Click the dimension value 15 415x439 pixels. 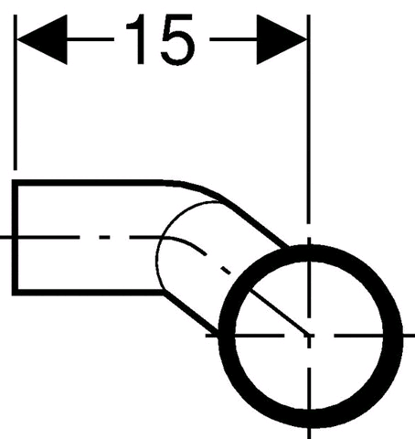(161, 39)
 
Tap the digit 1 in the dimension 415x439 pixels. (136, 39)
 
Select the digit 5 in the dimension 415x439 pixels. (178, 39)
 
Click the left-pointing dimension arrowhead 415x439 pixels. (42, 39)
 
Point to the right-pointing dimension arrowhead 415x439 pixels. (282, 39)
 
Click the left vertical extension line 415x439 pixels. (16, 92)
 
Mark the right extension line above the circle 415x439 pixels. (309, 119)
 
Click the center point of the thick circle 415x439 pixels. (309, 336)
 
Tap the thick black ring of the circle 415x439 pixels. (227, 336)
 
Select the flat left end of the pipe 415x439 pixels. (15, 238)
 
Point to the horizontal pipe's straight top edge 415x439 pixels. (89, 183)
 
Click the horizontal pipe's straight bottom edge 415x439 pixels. (89, 293)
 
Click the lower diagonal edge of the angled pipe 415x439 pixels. (191, 312)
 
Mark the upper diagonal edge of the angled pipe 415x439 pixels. (255, 223)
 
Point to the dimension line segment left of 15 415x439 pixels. (90, 39)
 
